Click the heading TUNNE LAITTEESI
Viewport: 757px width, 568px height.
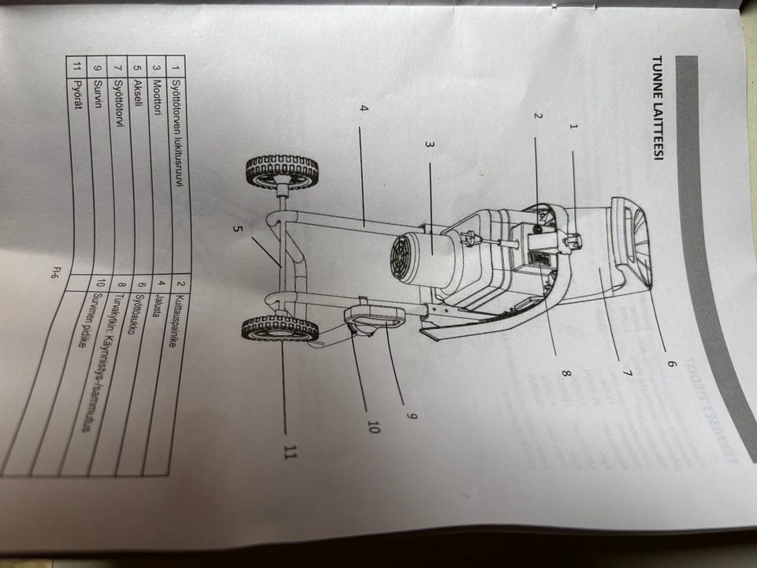656,108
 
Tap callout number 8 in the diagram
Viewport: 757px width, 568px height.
565,374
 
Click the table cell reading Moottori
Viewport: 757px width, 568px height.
156,98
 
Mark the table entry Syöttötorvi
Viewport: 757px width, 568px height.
118,99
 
